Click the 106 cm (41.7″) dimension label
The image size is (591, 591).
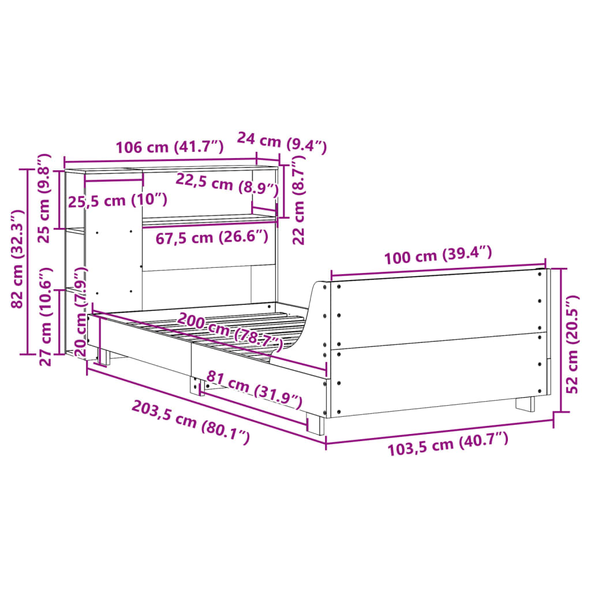[169, 147]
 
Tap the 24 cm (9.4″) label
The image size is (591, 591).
[282, 143]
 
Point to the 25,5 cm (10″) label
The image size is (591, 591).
[118, 201]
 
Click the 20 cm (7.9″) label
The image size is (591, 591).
[80, 312]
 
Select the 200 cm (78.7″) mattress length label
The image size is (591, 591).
[230, 332]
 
